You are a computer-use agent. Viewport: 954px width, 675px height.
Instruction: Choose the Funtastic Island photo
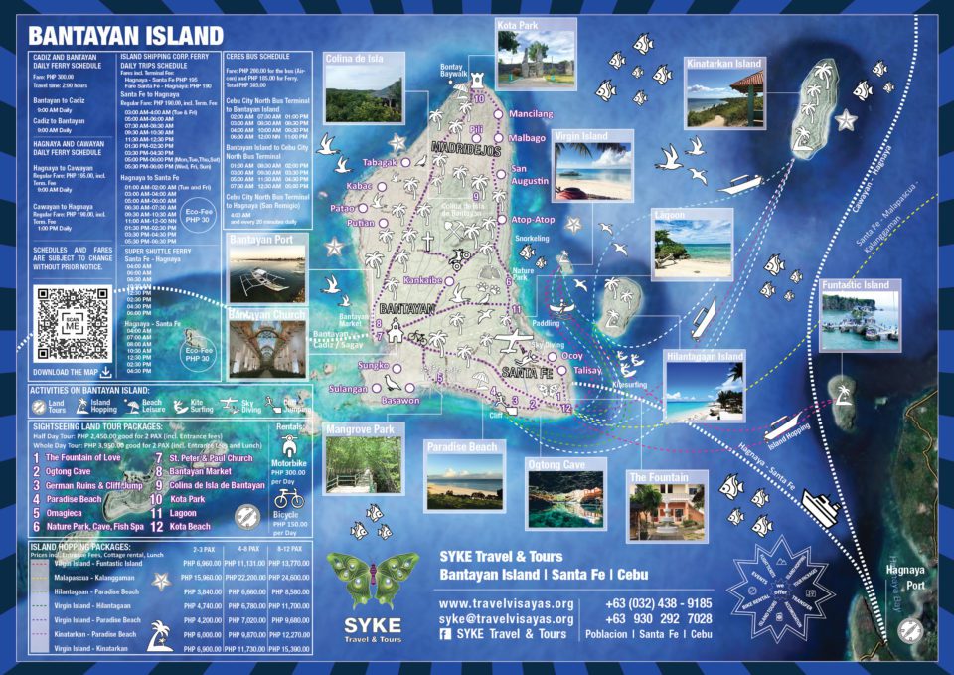[x=861, y=316]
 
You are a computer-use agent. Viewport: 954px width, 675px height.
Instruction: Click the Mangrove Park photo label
[x=359, y=430]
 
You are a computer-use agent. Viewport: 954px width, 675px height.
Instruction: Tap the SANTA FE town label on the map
[x=527, y=372]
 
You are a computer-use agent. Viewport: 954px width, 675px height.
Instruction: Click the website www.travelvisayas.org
[x=507, y=603]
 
